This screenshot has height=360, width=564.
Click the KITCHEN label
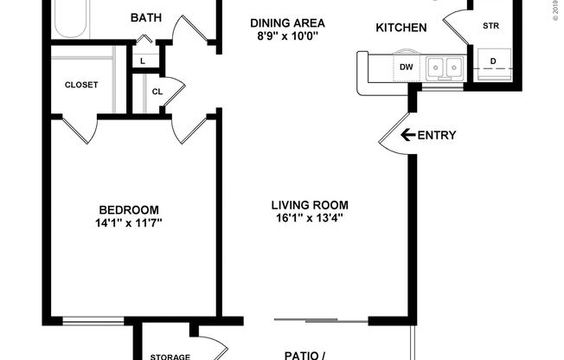pos(401,28)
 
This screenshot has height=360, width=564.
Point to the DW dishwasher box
pos(406,65)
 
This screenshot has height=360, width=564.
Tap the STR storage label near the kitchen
pos(490,25)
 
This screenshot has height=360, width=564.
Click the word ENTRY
pos(437,135)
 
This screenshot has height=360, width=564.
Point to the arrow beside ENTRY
pos(407,134)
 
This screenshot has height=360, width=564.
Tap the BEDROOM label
pos(129,209)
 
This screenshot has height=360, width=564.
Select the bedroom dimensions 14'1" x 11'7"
pos(129,223)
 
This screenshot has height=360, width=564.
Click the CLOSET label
pos(82,85)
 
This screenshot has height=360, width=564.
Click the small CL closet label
pos(157,90)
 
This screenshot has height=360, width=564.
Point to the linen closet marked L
pos(143,61)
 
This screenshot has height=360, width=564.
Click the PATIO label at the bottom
pos(304,354)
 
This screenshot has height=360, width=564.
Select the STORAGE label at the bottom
pos(170,356)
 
